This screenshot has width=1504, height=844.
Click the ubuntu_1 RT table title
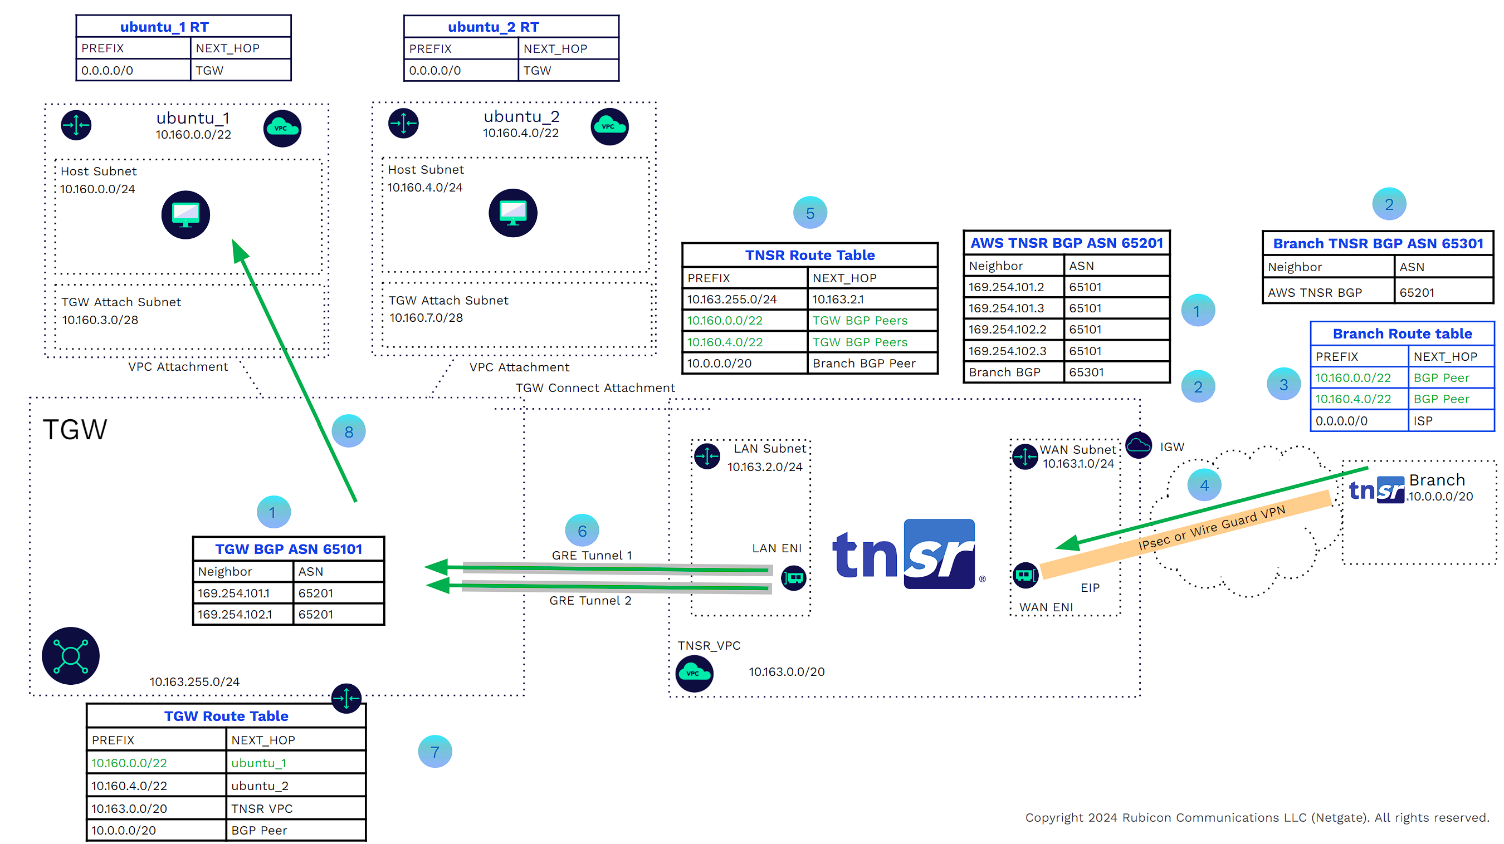point(164,27)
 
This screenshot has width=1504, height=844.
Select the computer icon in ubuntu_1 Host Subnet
point(185,215)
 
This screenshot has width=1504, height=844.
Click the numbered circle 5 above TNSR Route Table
point(810,213)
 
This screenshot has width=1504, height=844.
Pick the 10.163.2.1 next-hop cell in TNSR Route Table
point(838,300)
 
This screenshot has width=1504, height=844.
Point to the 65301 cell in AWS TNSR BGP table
point(1086,372)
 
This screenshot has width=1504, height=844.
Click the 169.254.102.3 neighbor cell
point(1007,351)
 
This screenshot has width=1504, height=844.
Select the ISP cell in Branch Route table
point(1423,421)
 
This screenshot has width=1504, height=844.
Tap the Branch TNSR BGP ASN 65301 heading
point(1378,243)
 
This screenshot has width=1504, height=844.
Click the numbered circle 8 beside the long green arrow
point(349,432)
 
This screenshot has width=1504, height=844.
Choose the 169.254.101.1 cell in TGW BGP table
point(233,593)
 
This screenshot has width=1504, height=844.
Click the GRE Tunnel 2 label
point(590,601)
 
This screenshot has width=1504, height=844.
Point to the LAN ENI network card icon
point(793,578)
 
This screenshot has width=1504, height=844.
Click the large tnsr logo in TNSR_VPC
point(905,555)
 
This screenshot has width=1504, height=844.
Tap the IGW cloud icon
point(1138,446)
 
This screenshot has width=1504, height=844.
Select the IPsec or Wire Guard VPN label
point(1212,528)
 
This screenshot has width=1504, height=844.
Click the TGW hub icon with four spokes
point(71,655)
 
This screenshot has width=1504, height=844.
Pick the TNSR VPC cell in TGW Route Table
point(262,808)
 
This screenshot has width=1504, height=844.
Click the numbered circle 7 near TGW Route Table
point(435,752)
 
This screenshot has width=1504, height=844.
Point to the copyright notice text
point(1257,817)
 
